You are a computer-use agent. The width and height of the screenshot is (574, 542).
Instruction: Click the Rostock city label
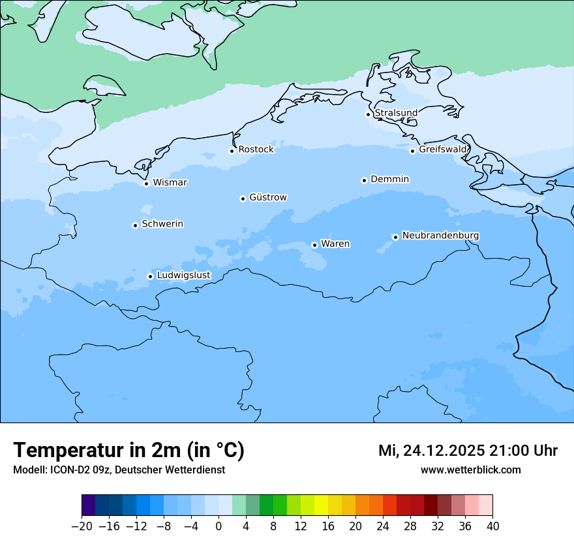click(x=256, y=150)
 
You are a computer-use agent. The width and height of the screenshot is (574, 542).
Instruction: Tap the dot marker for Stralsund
click(x=368, y=114)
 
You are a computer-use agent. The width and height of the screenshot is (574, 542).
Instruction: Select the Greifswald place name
click(x=443, y=150)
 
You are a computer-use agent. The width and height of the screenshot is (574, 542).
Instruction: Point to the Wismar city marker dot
click(x=146, y=183)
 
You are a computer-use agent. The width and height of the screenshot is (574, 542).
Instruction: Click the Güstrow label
click(x=267, y=197)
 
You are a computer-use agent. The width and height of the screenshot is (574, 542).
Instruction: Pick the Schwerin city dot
click(x=135, y=225)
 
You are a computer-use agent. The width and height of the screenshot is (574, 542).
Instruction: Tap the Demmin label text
click(x=389, y=179)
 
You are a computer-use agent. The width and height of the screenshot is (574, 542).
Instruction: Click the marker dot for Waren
click(x=314, y=245)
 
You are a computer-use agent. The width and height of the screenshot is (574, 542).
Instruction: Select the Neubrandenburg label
click(x=440, y=235)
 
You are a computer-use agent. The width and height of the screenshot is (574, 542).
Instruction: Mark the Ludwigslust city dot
click(x=150, y=276)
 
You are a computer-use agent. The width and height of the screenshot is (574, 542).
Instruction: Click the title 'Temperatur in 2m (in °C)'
click(x=128, y=450)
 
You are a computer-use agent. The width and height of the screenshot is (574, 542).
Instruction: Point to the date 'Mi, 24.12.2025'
click(x=431, y=451)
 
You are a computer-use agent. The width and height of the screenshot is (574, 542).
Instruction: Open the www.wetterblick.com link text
click(x=470, y=470)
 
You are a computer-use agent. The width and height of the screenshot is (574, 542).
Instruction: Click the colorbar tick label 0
click(x=219, y=526)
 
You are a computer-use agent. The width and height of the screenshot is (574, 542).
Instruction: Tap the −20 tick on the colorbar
click(x=82, y=526)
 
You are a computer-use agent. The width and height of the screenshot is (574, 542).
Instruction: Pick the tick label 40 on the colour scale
click(x=492, y=526)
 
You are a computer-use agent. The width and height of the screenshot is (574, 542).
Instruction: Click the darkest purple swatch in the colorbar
click(x=89, y=505)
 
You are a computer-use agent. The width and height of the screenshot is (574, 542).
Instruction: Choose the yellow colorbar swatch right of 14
click(x=321, y=505)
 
